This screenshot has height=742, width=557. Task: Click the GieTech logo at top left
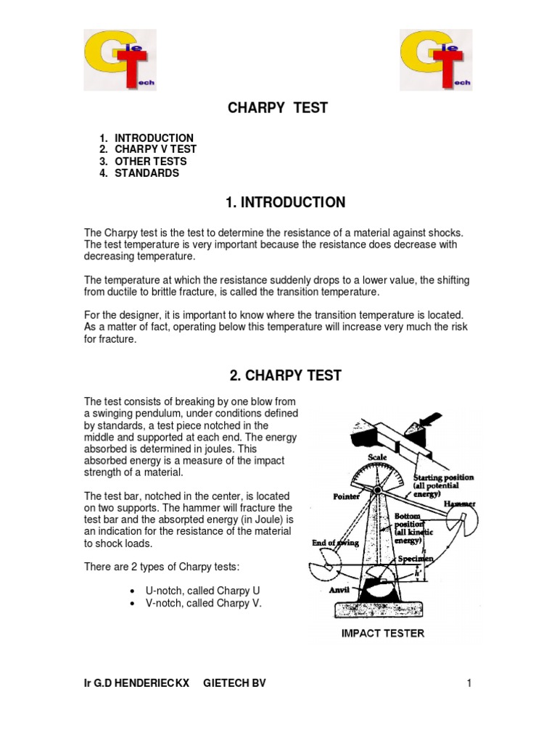click(119, 59)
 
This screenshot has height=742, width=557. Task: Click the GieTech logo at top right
click(437, 59)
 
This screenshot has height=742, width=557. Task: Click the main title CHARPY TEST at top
click(278, 108)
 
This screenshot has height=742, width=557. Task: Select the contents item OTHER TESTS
click(150, 162)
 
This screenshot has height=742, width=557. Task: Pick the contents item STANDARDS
click(147, 173)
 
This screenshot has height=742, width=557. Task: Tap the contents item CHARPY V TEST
click(155, 150)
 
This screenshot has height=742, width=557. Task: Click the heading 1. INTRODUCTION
click(285, 203)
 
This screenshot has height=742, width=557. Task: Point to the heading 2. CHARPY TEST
click(285, 375)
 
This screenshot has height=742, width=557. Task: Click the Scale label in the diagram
click(378, 458)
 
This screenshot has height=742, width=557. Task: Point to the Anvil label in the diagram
click(339, 590)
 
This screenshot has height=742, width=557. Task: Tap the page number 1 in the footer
click(470, 683)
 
